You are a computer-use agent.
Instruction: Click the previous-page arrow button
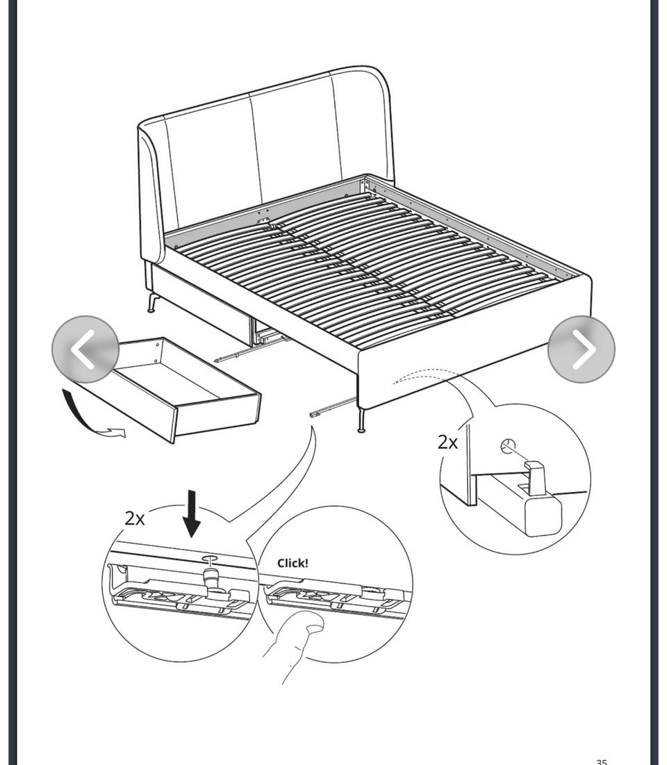tap(85, 349)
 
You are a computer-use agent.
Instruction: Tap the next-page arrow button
tap(582, 349)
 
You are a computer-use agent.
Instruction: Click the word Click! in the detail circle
tap(293, 563)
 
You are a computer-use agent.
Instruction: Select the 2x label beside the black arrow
tap(135, 518)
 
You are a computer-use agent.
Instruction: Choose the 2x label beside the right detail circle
tap(447, 442)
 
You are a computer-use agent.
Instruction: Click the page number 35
tap(602, 762)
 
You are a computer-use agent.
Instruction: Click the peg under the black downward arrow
tap(211, 573)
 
